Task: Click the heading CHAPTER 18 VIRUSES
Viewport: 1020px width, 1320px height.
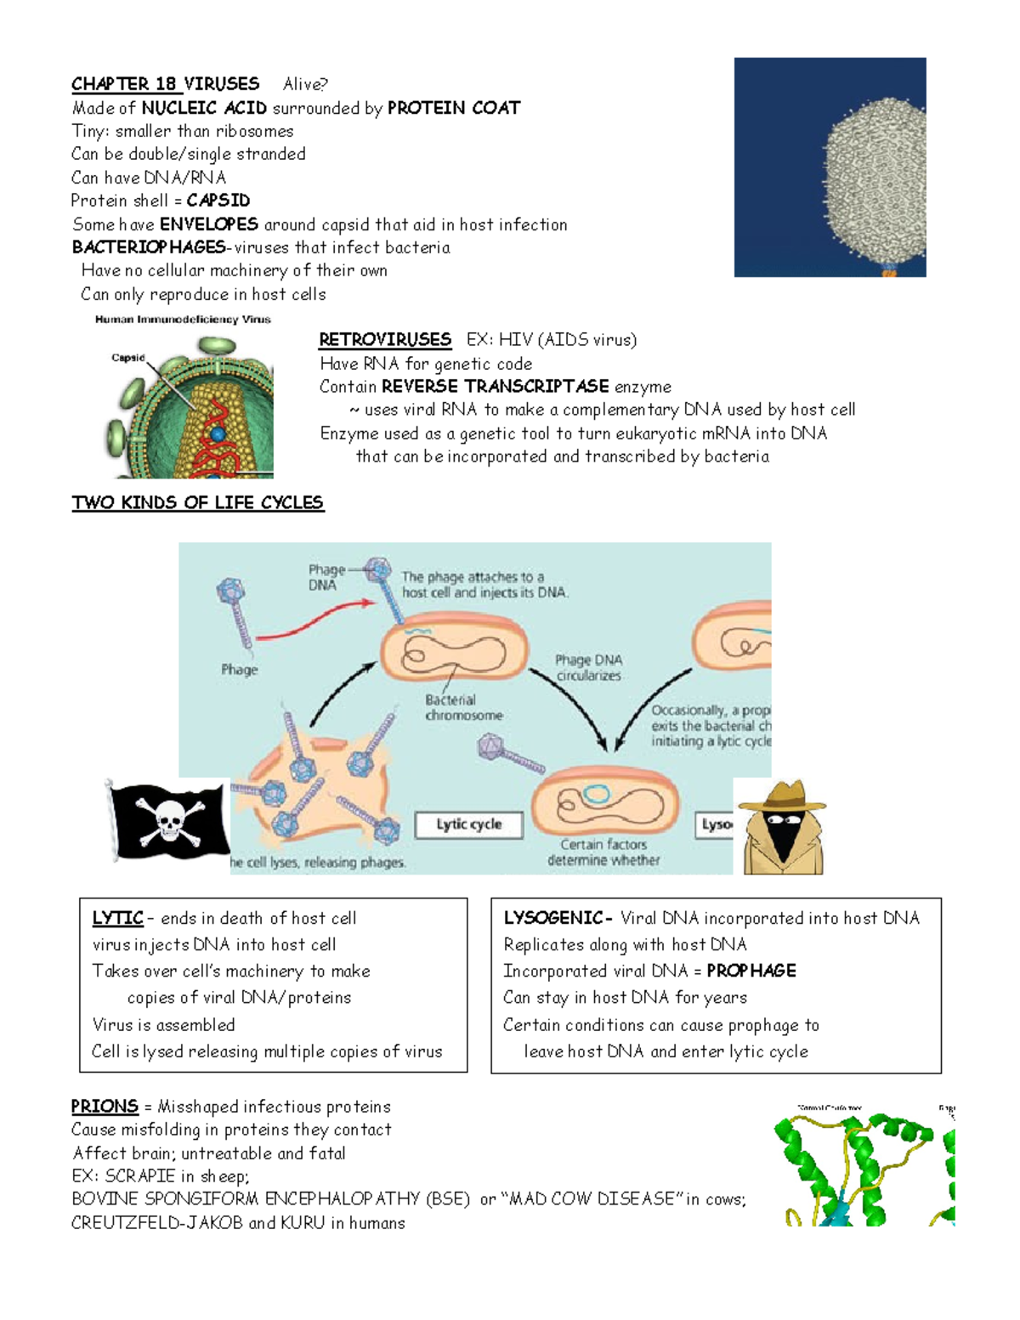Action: (165, 84)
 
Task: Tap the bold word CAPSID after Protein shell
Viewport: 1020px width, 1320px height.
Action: (218, 201)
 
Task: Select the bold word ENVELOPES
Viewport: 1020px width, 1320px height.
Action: (209, 224)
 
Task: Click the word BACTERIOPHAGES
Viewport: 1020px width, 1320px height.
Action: (149, 247)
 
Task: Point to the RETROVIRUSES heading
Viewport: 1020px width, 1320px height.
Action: (385, 340)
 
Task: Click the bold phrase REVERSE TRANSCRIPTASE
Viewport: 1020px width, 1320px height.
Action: (495, 387)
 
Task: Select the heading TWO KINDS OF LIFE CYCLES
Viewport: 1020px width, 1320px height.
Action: (197, 502)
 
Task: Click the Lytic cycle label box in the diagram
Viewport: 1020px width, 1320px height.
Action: (468, 824)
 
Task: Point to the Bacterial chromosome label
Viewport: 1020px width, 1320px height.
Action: (463, 707)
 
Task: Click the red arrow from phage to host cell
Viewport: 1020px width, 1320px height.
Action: (314, 620)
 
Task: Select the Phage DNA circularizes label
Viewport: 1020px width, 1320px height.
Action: (588, 668)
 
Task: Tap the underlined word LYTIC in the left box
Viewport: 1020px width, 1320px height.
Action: (117, 919)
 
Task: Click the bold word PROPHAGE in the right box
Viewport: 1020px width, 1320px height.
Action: (751, 971)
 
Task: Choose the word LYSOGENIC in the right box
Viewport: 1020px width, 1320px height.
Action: (553, 919)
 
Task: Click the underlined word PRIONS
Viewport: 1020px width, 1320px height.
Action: (105, 1107)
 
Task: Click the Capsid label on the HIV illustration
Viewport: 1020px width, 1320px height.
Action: (128, 358)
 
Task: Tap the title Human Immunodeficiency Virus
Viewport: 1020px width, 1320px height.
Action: (183, 320)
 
